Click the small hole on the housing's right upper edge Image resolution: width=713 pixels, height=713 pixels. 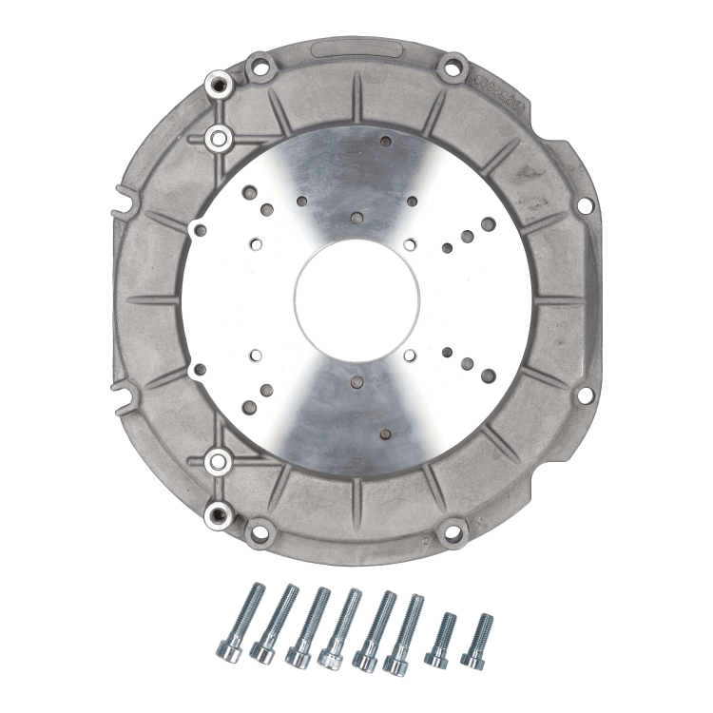[x=577, y=202]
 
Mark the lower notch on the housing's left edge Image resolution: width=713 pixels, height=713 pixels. [x=121, y=387]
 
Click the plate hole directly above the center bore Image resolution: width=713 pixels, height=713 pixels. [x=356, y=218]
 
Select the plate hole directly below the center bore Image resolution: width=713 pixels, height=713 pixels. [x=356, y=382]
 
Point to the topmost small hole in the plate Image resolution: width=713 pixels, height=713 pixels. [x=385, y=142]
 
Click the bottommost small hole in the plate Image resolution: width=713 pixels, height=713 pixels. [x=385, y=435]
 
